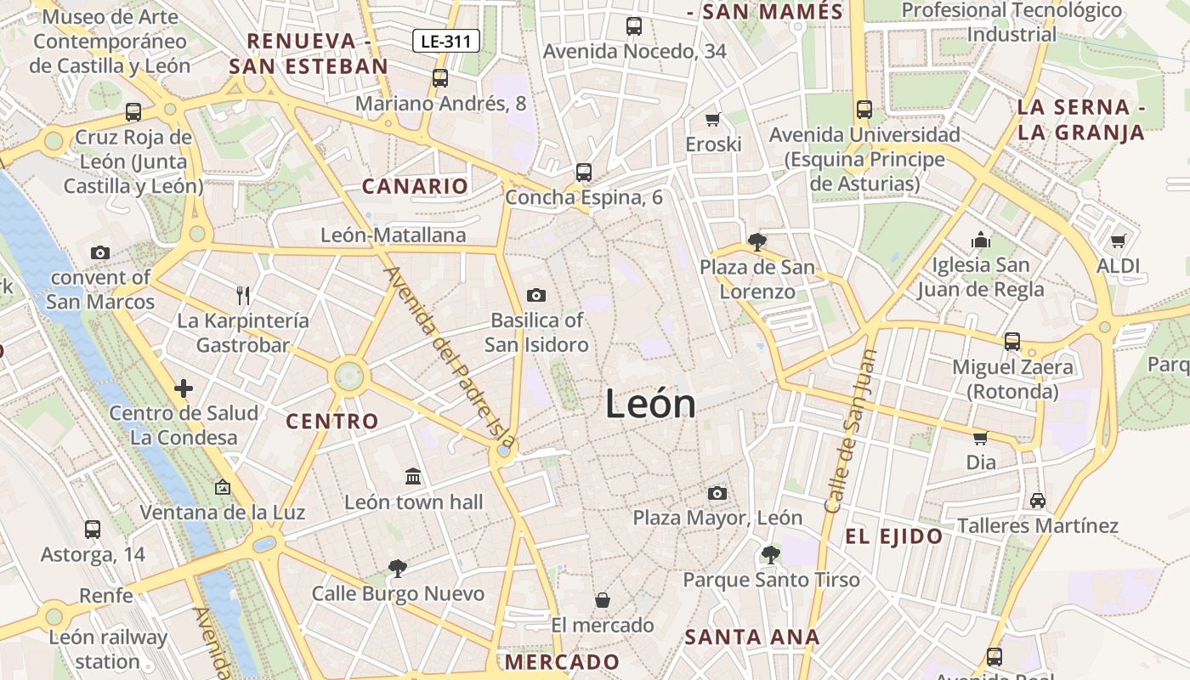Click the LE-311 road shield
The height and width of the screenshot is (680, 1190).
click(x=447, y=41)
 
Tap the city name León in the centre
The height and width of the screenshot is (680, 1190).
click(x=650, y=404)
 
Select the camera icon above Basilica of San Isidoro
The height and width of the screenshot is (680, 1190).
click(x=535, y=295)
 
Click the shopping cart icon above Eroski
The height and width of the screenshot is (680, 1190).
click(x=713, y=119)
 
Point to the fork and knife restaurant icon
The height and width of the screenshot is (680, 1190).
click(x=243, y=295)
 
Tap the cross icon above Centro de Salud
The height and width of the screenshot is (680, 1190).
click(x=184, y=388)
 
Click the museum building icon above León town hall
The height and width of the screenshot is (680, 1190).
click(x=413, y=476)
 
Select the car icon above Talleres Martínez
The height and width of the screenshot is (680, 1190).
click(x=1038, y=500)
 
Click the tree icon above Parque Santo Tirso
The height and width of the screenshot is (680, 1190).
click(x=770, y=554)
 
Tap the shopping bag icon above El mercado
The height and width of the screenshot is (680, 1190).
click(x=602, y=600)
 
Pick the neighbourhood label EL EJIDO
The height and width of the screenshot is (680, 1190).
click(x=893, y=536)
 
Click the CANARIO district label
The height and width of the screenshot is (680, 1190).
click(x=415, y=186)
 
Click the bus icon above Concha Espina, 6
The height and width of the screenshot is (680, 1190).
click(x=583, y=172)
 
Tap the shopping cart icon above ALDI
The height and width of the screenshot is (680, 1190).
click(x=1118, y=241)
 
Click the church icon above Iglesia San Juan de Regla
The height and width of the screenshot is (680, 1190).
click(x=981, y=240)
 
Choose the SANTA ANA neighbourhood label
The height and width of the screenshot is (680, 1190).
click(x=752, y=637)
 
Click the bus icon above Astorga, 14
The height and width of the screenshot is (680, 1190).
click(x=93, y=530)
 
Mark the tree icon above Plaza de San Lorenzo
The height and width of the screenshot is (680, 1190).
click(x=756, y=242)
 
